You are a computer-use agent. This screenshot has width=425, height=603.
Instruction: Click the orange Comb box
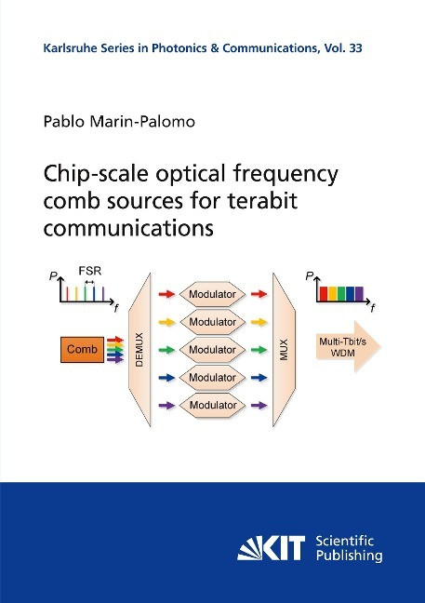[82, 350]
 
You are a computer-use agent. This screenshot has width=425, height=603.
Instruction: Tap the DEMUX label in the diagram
[139, 350]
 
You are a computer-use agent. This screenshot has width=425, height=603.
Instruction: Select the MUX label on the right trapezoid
[284, 350]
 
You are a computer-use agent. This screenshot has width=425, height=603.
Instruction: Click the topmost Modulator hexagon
[212, 294]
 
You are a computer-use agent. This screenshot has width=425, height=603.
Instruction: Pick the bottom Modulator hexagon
[212, 405]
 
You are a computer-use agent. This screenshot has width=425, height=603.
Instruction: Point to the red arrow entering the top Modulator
[166, 294]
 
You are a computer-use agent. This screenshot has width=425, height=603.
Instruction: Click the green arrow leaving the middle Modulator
[259, 350]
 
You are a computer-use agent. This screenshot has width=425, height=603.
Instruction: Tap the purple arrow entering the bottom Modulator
[166, 406]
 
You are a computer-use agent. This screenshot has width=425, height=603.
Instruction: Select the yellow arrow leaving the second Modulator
[259, 322]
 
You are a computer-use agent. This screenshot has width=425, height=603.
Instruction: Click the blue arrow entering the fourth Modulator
[166, 378]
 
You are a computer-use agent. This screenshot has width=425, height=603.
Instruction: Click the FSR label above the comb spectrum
[90, 271]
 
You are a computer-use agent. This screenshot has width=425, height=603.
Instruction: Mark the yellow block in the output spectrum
[332, 294]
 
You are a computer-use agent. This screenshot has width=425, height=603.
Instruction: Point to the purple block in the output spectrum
[359, 294]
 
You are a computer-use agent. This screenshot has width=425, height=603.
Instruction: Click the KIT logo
[271, 548]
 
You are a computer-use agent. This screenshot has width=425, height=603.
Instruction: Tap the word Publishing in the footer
[350, 556]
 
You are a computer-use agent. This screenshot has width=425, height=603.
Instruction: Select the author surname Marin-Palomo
[142, 122]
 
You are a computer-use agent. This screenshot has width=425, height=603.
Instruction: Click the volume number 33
[356, 48]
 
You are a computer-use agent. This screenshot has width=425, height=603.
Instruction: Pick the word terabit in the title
[263, 201]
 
